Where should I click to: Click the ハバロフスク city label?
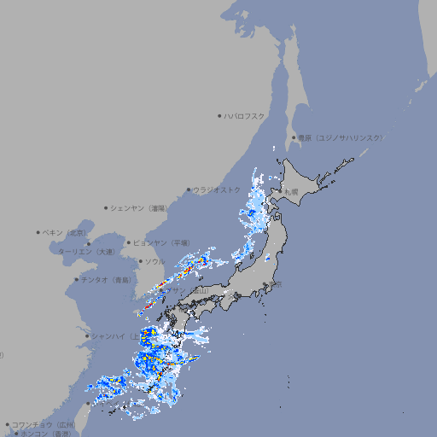click(x=245, y=115)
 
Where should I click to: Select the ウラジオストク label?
click(x=217, y=189)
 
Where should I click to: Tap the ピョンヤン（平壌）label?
click(x=160, y=242)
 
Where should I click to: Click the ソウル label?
click(x=154, y=261)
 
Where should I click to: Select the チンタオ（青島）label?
click(x=107, y=279)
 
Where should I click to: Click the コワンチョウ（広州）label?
click(x=44, y=424)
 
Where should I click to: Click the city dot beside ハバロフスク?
click(x=220, y=115)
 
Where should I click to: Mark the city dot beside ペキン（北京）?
click(x=38, y=232)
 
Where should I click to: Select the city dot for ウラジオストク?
click(x=189, y=190)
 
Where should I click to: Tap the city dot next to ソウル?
click(x=140, y=261)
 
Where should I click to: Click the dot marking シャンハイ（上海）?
click(x=87, y=335)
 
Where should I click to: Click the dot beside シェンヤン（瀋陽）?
click(x=106, y=207)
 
